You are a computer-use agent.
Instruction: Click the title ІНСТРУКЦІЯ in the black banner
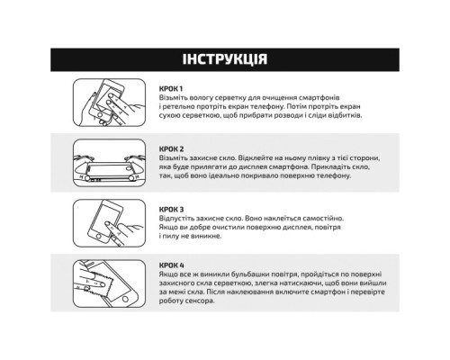[225, 59]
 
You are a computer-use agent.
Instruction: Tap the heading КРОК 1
[171, 89]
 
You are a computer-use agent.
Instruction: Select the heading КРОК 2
[171, 149]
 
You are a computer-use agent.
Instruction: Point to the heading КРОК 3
[171, 210]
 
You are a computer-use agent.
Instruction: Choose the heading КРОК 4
[172, 265]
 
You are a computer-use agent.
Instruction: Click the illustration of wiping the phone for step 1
[109, 103]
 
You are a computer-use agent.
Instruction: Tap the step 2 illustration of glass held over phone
[109, 163]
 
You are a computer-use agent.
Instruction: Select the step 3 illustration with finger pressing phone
[109, 223]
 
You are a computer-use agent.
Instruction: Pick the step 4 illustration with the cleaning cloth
[109, 283]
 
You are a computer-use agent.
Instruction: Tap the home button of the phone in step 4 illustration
[125, 299]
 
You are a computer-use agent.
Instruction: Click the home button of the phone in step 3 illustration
[99, 237]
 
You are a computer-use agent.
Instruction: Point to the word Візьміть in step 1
[173, 98]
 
